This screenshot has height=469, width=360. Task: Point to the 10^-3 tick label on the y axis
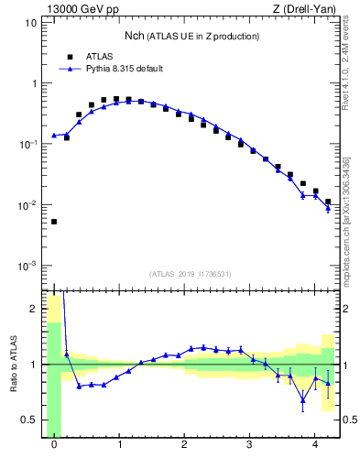(27, 266)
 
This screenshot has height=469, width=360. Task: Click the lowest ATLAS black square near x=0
(54, 222)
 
